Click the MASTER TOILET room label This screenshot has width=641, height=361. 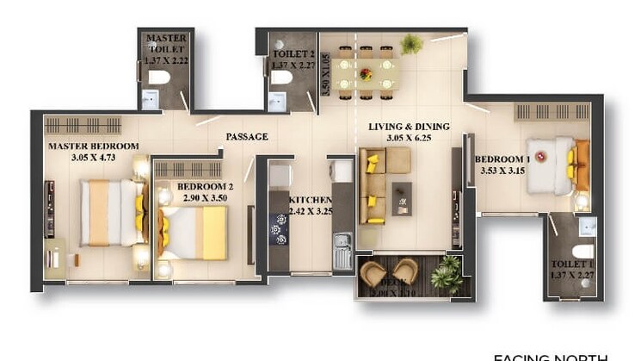click(x=166, y=43)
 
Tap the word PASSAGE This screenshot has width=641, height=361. click(x=247, y=137)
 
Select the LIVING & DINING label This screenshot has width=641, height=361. click(x=399, y=127)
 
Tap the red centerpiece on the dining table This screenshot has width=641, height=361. click(x=367, y=74)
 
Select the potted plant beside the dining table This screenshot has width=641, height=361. click(x=411, y=43)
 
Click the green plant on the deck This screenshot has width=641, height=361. click(x=447, y=273)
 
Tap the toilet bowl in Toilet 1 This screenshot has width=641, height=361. click(x=582, y=251)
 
